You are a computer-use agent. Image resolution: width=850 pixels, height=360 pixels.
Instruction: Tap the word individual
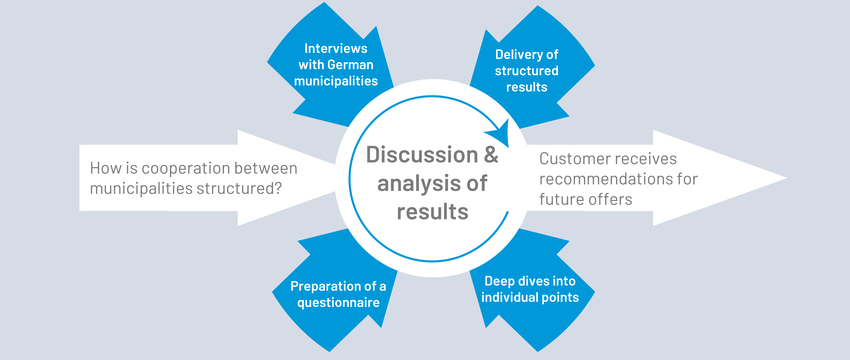(509, 297)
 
